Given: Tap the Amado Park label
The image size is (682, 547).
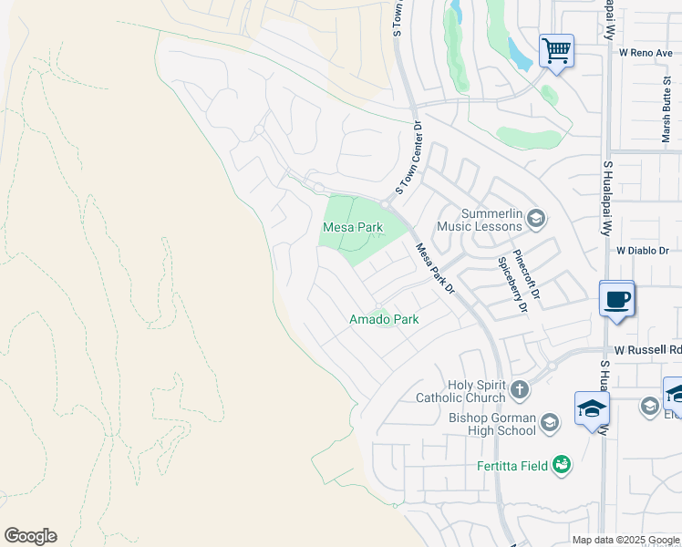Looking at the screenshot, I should pyautogui.click(x=384, y=320).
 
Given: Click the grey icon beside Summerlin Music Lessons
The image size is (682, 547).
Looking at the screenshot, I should pyautogui.click(x=536, y=218).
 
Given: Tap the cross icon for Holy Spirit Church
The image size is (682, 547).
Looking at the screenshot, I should pyautogui.click(x=520, y=390).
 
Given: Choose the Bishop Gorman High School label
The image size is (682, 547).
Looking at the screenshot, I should pyautogui.click(x=491, y=424).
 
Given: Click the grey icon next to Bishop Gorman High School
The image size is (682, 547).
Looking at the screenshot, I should pyautogui.click(x=550, y=422).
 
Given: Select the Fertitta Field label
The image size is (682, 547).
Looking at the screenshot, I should pyautogui.click(x=512, y=466).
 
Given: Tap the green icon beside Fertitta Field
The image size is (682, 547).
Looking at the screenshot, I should pyautogui.click(x=562, y=465).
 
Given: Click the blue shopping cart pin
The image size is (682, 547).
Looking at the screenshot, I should pyautogui.click(x=556, y=50).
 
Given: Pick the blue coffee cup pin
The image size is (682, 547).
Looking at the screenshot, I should pyautogui.click(x=616, y=299).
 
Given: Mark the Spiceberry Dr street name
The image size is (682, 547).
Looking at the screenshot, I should pyautogui.click(x=511, y=283).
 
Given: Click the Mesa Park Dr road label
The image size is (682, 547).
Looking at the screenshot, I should pyautogui.click(x=434, y=268).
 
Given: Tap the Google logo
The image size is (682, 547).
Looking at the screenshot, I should pyautogui.click(x=30, y=536).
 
